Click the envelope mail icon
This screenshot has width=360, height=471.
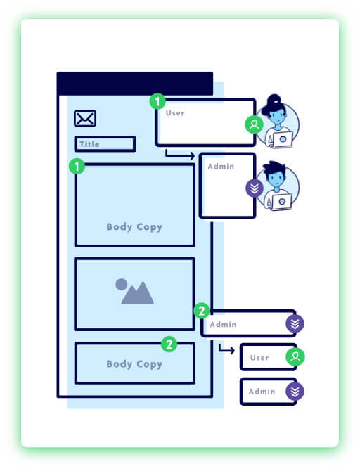(x=85, y=119)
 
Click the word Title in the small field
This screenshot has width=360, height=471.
(x=89, y=144)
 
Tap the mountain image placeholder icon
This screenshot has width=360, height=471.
(x=134, y=292)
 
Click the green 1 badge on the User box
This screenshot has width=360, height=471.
(x=157, y=101)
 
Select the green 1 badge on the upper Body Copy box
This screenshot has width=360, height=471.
(x=76, y=167)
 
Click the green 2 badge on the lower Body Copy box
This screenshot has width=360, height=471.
(x=169, y=344)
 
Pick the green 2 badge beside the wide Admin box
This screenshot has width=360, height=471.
(x=201, y=310)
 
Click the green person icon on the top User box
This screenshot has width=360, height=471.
(x=254, y=125)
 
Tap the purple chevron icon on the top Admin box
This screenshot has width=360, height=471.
(x=254, y=188)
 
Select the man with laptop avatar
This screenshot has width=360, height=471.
(x=279, y=187)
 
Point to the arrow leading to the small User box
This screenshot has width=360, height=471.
(x=226, y=349)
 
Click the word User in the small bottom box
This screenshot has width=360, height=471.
(x=259, y=358)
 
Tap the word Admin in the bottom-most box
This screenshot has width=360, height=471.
(x=262, y=392)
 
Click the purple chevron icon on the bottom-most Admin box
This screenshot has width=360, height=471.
(x=295, y=392)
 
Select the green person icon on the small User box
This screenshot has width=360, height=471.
(x=295, y=357)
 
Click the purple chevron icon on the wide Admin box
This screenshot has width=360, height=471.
(x=295, y=324)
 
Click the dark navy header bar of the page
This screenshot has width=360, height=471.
(x=134, y=83)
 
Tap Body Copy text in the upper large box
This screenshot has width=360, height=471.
(x=134, y=227)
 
